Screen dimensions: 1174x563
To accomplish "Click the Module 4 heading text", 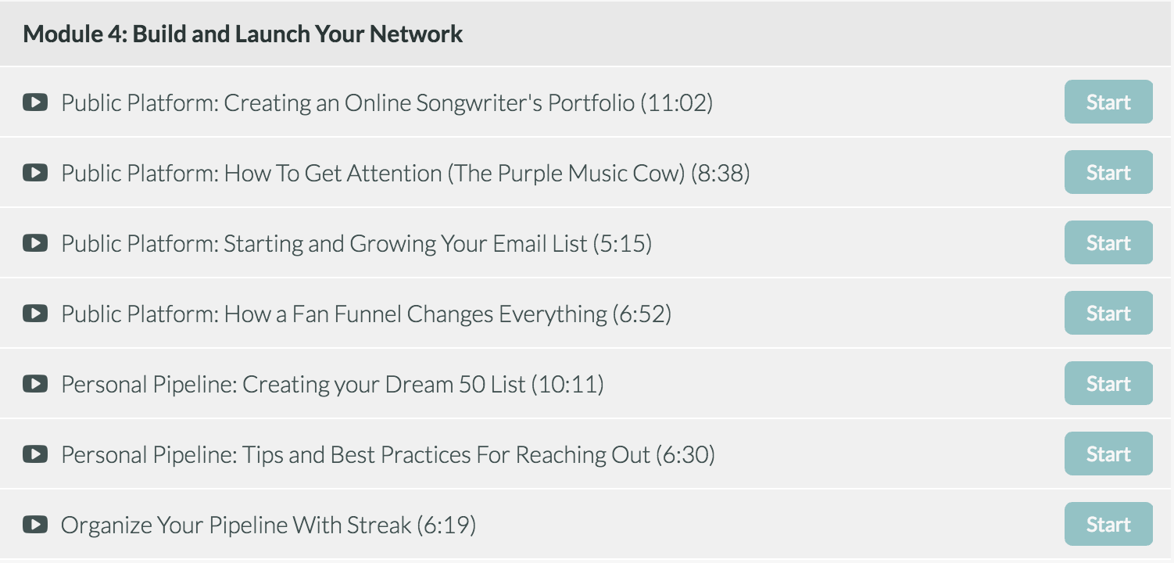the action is [242, 34].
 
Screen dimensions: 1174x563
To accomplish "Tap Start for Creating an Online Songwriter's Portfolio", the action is [1108, 102].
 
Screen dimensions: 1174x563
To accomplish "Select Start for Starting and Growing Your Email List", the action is [1108, 242].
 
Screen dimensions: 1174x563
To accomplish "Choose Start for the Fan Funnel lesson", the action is [1108, 313].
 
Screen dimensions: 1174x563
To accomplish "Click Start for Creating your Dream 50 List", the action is [1108, 383].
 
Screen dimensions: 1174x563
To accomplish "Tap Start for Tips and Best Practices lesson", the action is [1108, 454].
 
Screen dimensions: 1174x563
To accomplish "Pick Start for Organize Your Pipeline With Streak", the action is [1108, 524].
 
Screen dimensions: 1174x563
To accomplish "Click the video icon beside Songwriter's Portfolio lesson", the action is [35, 102].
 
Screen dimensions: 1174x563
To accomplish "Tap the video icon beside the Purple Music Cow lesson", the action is [35, 173].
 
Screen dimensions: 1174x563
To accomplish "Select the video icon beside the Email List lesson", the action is [35, 242].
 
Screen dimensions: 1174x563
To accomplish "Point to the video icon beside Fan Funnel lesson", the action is [35, 314].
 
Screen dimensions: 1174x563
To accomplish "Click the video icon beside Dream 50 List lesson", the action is [35, 384].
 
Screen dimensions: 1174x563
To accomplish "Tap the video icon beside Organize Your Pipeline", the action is [35, 524].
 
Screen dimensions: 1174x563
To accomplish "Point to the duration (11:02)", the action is [677, 102].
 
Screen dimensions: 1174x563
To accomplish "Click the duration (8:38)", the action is [720, 173].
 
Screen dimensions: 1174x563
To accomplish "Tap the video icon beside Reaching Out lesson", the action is [35, 454].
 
